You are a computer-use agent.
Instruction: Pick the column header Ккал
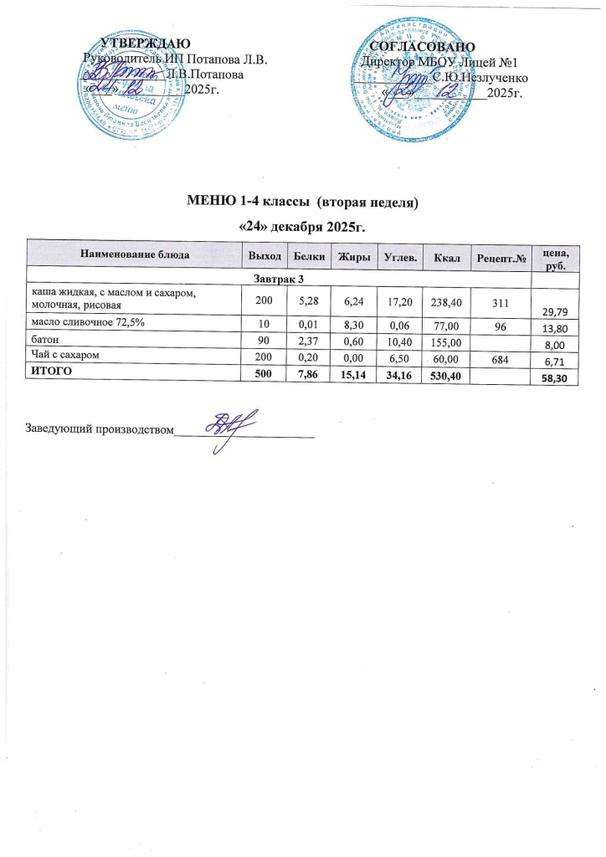[x=443, y=253]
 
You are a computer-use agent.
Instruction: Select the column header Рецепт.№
[x=500, y=254]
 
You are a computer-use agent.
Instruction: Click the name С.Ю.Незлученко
[x=480, y=77]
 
